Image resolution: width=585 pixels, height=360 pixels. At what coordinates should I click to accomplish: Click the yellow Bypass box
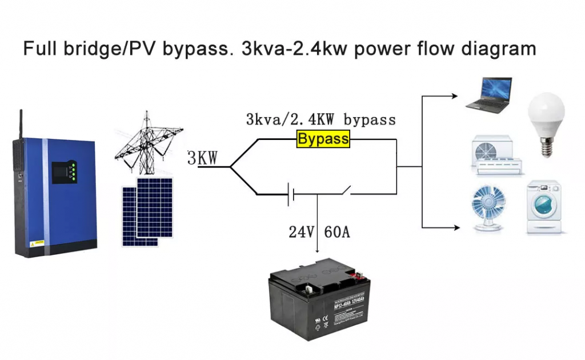coord(323,139)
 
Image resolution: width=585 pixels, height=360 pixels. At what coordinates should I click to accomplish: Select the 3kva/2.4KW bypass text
coord(320,120)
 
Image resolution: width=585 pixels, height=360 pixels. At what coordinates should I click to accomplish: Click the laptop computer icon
coord(488,96)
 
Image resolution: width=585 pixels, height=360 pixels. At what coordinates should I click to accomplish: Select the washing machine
coord(544,207)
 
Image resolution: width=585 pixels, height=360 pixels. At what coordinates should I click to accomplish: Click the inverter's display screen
coord(59,171)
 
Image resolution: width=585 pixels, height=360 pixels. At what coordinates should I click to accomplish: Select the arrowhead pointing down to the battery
coord(318,251)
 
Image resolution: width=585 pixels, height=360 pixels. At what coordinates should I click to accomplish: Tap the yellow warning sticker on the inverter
coord(37,242)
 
